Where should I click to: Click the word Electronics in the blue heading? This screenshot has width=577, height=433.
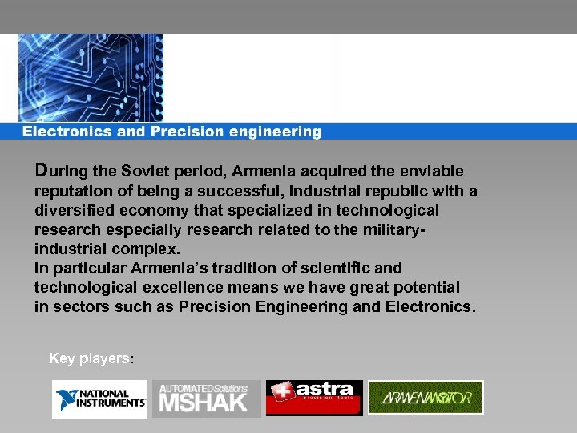pyautogui.click(x=67, y=132)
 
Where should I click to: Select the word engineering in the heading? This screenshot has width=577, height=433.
pyautogui.click(x=276, y=132)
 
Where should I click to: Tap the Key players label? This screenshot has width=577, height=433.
pyautogui.click(x=91, y=358)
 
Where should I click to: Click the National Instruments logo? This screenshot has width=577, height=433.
pyautogui.click(x=99, y=399)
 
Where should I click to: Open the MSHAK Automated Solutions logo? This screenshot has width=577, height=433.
pyautogui.click(x=206, y=399)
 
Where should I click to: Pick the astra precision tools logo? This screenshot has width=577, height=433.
pyautogui.click(x=314, y=398)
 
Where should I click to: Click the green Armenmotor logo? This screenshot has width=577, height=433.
pyautogui.click(x=425, y=397)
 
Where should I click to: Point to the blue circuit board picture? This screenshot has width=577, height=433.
pyautogui.click(x=90, y=78)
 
